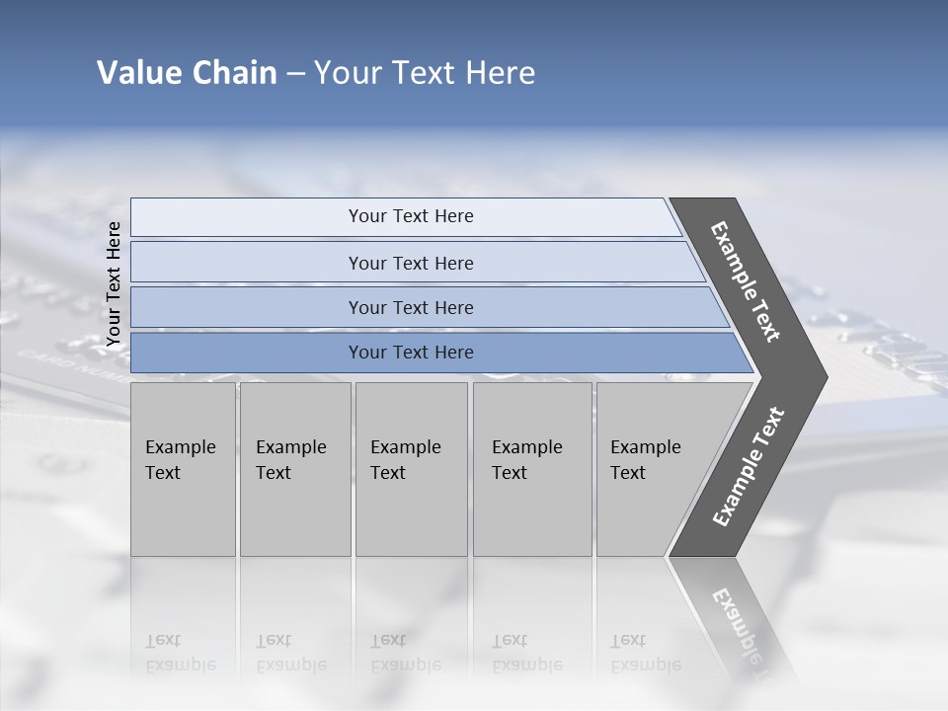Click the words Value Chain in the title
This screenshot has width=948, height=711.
point(187,73)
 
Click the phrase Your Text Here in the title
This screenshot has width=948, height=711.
point(425,73)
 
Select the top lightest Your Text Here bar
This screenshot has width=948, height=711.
point(410,216)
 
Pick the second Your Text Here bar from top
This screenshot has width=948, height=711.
point(410,263)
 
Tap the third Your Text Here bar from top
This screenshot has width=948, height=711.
point(410,307)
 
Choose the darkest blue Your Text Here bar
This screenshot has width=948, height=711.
point(410,353)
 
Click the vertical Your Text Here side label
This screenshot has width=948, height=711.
point(114,283)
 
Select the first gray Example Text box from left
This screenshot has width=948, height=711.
point(183,469)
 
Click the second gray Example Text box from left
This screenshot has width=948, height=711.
point(294,469)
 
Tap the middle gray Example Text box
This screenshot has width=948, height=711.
point(411,469)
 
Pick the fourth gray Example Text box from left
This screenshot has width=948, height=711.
point(532,469)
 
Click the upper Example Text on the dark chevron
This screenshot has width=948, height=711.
point(746,281)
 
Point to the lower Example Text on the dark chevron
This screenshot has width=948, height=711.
point(749,467)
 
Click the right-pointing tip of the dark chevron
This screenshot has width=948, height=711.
point(820,377)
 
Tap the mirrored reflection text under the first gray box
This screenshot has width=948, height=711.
point(180,653)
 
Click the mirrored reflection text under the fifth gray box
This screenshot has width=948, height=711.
point(645,653)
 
